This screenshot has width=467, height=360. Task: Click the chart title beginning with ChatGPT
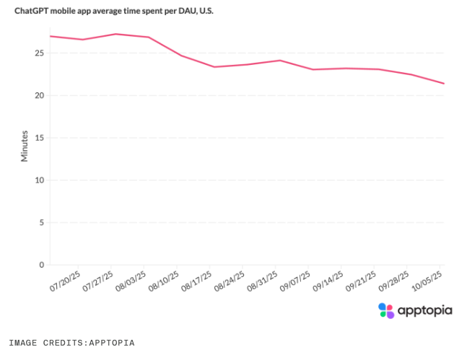pyautogui.click(x=113, y=12)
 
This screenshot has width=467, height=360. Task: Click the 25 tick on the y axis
pyautogui.click(x=40, y=53)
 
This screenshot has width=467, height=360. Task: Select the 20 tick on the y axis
pyautogui.click(x=40, y=95)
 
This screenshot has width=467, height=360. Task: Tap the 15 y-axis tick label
pyautogui.click(x=40, y=138)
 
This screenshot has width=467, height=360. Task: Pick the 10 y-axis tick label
pyautogui.click(x=40, y=180)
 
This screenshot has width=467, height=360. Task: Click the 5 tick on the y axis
pyautogui.click(x=42, y=222)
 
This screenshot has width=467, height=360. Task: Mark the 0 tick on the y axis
pyautogui.click(x=42, y=265)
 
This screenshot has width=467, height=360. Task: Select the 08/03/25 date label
pyautogui.click(x=132, y=281)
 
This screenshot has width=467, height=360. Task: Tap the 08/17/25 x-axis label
pyautogui.click(x=198, y=281)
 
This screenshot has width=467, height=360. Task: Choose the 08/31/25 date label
pyautogui.click(x=263, y=281)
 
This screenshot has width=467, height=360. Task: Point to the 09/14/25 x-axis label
pyautogui.click(x=329, y=281)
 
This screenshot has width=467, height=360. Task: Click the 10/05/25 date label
pyautogui.click(x=428, y=281)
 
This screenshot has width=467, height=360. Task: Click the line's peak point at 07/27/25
pyautogui.click(x=116, y=34)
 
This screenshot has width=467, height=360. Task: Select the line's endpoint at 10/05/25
pyautogui.click(x=444, y=84)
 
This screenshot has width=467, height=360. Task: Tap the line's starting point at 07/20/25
pyautogui.click(x=50, y=36)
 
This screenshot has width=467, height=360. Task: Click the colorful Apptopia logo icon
pyautogui.click(x=387, y=310)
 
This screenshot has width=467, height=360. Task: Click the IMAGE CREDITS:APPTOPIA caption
pyautogui.click(x=71, y=343)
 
